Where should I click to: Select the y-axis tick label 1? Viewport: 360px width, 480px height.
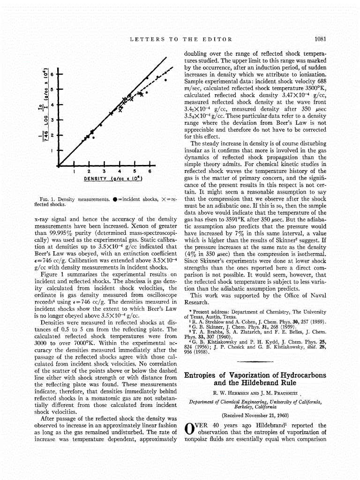[53, 150]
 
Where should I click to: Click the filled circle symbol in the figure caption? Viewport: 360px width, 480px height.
[112, 199]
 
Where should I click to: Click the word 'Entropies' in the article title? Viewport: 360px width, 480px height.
[202, 375]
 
